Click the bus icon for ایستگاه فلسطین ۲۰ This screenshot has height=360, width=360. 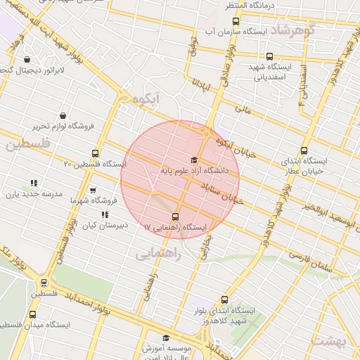[x=96, y=153]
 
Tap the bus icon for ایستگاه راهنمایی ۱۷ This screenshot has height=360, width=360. [x=175, y=217]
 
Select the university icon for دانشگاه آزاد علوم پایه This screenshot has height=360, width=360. [x=194, y=160]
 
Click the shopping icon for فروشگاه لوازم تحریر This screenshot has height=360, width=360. [x=63, y=115]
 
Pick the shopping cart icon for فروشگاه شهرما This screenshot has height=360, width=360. [x=93, y=190]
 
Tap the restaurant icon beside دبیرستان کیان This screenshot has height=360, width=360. [x=105, y=215]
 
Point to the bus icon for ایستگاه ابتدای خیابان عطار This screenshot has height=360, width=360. [x=304, y=150]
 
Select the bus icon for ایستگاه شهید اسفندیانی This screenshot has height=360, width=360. [x=269, y=56]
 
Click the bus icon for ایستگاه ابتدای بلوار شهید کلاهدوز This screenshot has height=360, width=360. [x=224, y=299]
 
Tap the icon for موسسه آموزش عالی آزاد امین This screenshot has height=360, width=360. [x=166, y=337]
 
